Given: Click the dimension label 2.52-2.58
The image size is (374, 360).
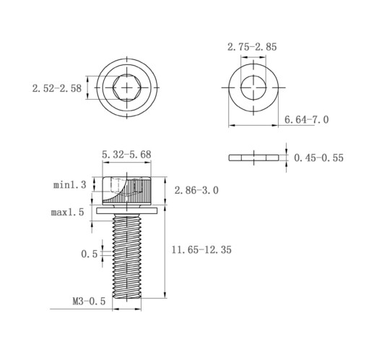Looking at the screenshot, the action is coord(57,88).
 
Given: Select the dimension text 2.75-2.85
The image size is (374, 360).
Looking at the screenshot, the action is coord(252,47).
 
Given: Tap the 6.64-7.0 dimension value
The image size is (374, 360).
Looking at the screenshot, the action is coord(306,120).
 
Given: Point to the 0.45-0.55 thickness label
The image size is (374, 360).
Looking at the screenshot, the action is coord(318,158).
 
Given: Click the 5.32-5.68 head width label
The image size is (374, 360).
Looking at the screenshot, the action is coord(126,155).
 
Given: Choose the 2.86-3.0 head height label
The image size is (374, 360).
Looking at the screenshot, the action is coord(196,190).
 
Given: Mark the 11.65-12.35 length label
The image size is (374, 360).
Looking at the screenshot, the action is coord(201,249).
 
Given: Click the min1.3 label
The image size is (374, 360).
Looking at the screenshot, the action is coord(69,185).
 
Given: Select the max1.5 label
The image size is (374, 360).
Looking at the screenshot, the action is coord(67,213).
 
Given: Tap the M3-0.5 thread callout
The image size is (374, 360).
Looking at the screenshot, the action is coord(89,301).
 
